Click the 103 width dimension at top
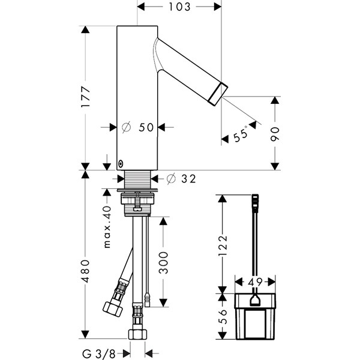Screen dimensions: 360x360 (179, 7)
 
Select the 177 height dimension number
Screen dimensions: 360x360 (86, 97)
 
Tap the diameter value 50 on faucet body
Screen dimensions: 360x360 (146, 127)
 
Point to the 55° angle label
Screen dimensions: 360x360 (241, 134)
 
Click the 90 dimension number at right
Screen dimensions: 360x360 (275, 134)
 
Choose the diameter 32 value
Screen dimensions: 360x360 (189, 179)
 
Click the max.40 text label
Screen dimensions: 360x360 (107, 227)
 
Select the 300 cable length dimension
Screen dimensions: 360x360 (163, 263)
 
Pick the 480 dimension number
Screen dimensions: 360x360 (86, 271)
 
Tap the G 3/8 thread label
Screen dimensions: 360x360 (99, 354)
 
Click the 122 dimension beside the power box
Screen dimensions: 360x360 (223, 245)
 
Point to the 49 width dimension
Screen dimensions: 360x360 (256, 282)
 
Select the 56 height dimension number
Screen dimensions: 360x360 (223, 316)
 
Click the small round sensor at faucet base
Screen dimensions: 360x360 (121, 164)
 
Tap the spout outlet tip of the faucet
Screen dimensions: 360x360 (218, 94)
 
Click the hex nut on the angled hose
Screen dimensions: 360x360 (113, 308)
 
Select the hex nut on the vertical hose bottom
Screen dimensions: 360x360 (137, 334)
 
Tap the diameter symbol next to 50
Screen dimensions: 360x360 (126, 127)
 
